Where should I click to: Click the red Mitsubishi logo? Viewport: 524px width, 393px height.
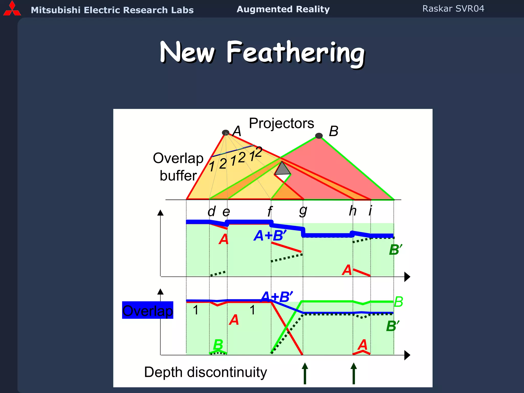click(x=12, y=9)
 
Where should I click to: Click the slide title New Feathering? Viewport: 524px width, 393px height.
click(x=262, y=53)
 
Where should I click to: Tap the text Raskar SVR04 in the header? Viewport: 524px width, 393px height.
click(x=453, y=9)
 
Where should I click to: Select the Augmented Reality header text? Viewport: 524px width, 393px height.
click(x=283, y=9)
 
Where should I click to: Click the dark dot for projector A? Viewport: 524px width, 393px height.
click(x=225, y=133)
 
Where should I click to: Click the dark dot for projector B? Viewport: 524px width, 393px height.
click(x=319, y=136)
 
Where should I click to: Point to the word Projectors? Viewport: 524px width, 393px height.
click(x=281, y=123)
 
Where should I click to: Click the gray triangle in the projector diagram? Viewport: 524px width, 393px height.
click(x=282, y=169)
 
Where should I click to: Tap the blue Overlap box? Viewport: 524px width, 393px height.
click(x=148, y=310)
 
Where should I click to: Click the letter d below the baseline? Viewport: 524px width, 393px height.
click(x=212, y=211)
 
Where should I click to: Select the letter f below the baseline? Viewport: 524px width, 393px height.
click(x=270, y=211)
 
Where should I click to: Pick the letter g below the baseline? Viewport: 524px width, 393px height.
click(x=303, y=211)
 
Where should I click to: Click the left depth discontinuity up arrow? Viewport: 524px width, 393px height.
click(x=305, y=373)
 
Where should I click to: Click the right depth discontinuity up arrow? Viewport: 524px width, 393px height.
click(x=354, y=373)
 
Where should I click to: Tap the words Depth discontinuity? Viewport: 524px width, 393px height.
click(x=205, y=372)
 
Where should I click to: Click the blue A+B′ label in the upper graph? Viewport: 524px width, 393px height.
click(x=270, y=235)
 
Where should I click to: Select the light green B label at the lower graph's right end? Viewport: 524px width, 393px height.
click(x=398, y=302)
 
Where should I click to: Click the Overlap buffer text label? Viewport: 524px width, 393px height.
click(x=178, y=167)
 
